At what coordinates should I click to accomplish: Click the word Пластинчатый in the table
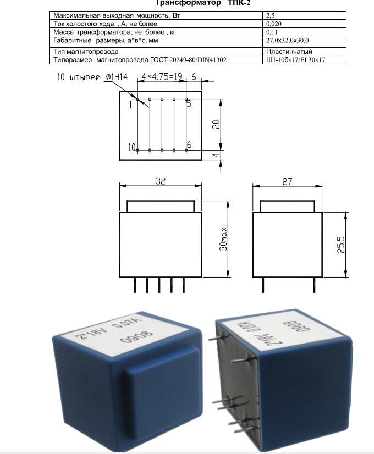(x=289, y=52)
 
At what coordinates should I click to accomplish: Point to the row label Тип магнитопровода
(x=86, y=52)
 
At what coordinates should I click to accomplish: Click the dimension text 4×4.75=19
(x=162, y=76)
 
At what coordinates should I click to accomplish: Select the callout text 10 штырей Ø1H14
(x=92, y=77)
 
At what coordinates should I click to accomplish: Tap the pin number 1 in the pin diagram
(x=130, y=105)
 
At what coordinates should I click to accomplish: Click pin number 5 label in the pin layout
(x=189, y=103)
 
